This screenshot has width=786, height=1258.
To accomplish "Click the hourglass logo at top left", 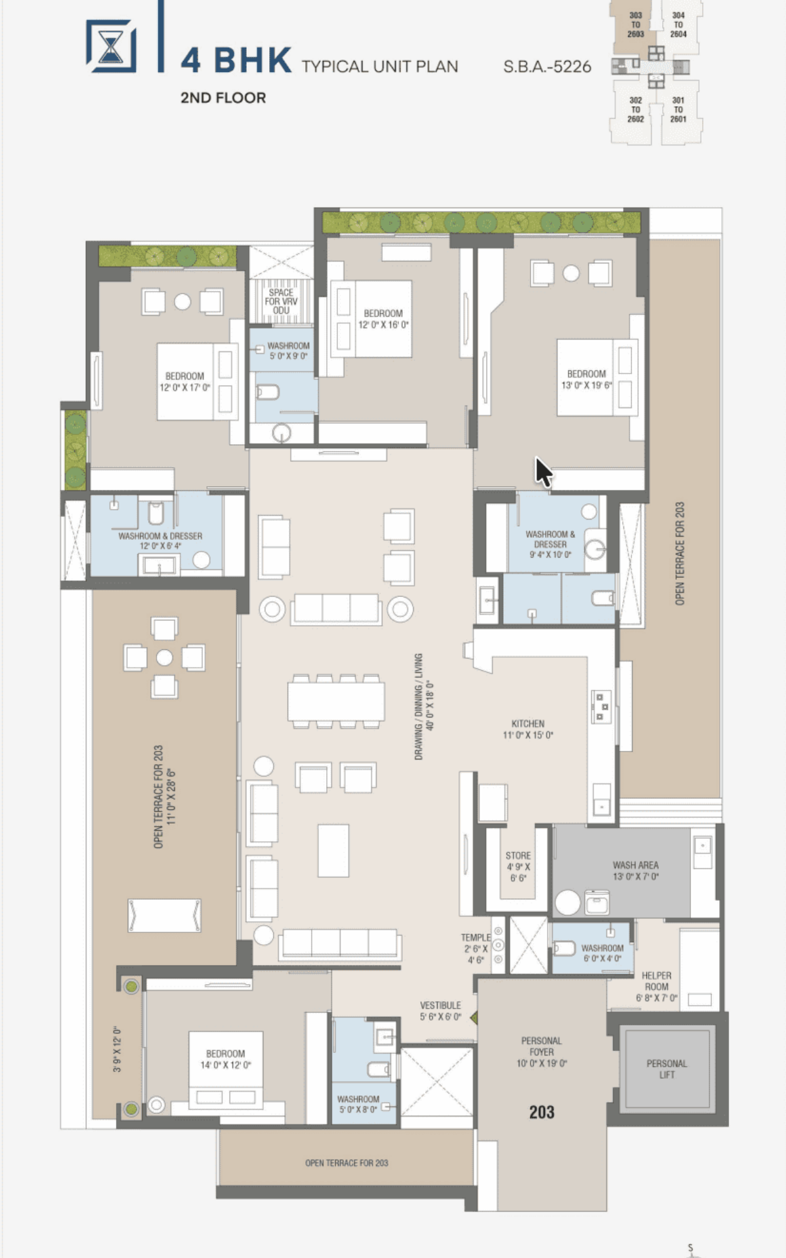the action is pyautogui.click(x=111, y=46).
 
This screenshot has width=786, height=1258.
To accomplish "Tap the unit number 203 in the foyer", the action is pyautogui.click(x=542, y=1112).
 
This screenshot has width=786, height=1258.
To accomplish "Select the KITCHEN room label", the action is pyautogui.click(x=528, y=723).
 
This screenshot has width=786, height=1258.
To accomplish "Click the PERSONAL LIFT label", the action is pyautogui.click(x=667, y=1069).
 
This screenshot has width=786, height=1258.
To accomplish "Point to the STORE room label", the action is pyautogui.click(x=518, y=856).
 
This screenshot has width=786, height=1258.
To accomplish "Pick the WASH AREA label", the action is pyautogui.click(x=635, y=865).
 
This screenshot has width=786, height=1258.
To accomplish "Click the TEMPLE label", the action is pyautogui.click(x=476, y=938).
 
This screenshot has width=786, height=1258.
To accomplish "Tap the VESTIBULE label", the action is pyautogui.click(x=440, y=1005).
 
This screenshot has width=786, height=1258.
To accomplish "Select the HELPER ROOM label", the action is pyautogui.click(x=656, y=981).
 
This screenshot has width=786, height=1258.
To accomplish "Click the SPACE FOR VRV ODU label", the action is pyautogui.click(x=281, y=301).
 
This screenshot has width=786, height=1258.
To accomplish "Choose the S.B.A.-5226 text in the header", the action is pyautogui.click(x=547, y=66).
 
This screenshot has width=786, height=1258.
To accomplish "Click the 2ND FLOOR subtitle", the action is pyautogui.click(x=223, y=98).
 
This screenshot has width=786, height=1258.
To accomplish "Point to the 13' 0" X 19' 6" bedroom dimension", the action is pyautogui.click(x=587, y=385).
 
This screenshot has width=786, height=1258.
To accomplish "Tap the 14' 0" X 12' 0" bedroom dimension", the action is pyautogui.click(x=225, y=1065).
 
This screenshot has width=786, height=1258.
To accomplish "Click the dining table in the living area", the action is pyautogui.click(x=336, y=701).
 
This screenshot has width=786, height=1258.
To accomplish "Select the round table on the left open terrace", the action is pyautogui.click(x=164, y=657).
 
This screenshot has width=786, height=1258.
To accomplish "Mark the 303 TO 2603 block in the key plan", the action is pyautogui.click(x=635, y=25).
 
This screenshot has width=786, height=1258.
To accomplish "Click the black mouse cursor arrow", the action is pyautogui.click(x=543, y=472).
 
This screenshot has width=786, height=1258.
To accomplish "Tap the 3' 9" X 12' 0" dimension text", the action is pyautogui.click(x=117, y=1049).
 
